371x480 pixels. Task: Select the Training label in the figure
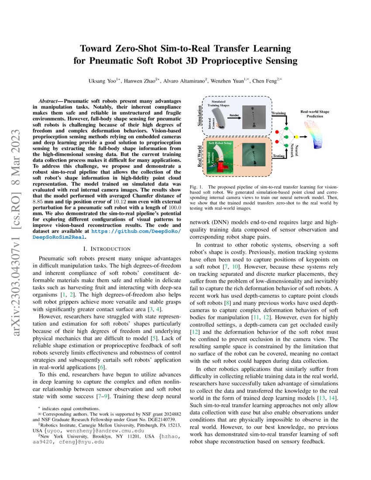click(x=278, y=113)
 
